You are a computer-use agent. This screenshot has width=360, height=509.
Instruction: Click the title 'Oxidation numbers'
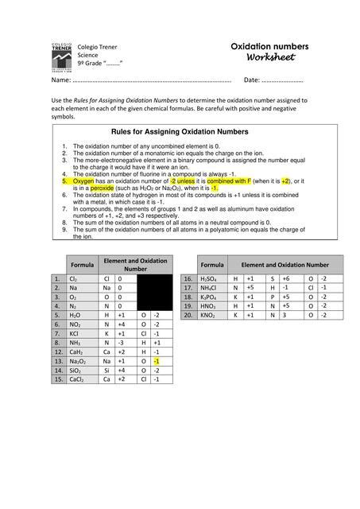[x=269, y=47]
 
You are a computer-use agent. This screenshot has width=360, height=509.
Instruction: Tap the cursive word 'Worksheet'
[x=270, y=58]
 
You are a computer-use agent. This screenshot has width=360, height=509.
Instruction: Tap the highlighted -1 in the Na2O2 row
[x=157, y=360]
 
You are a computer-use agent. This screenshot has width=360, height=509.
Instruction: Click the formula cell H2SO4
[x=211, y=279]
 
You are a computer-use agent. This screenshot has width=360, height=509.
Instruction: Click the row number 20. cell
[x=188, y=316]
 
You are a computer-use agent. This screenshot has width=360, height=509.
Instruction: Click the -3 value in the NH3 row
[x=121, y=342]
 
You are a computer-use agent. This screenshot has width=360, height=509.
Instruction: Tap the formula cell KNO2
[x=211, y=316]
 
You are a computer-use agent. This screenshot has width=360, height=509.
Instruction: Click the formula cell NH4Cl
[x=211, y=288]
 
